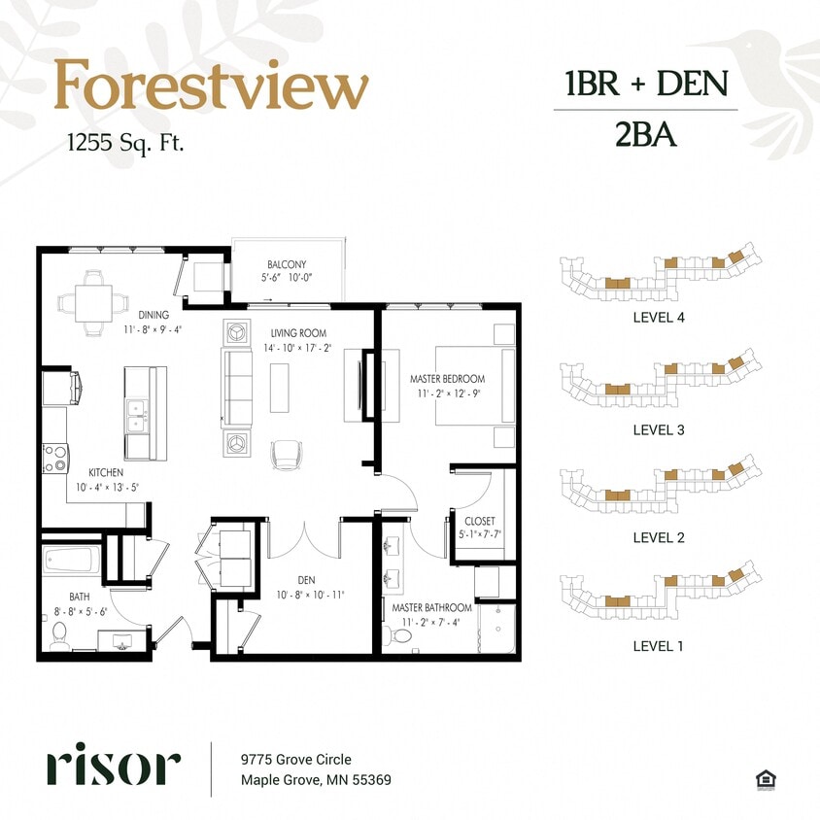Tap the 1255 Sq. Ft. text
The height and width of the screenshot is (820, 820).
click(x=125, y=143)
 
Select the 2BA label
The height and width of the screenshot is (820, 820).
click(x=645, y=135)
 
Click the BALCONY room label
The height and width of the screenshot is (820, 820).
click(x=287, y=264)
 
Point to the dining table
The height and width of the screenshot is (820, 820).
click(x=94, y=302)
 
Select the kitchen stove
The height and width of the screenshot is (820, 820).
click(x=54, y=458)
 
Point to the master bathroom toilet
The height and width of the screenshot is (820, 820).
click(x=399, y=636)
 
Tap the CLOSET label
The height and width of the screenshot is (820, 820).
click(x=480, y=522)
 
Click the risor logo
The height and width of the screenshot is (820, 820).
click(x=113, y=767)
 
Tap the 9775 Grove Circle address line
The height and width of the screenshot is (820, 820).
click(x=296, y=760)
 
